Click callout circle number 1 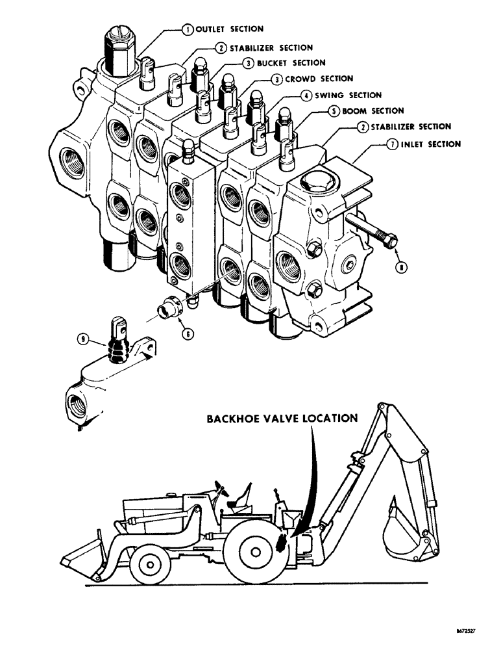point(186,29)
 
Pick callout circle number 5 point(332,111)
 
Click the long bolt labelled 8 point(373,232)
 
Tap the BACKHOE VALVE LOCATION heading point(282,419)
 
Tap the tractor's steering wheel point(221,492)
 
